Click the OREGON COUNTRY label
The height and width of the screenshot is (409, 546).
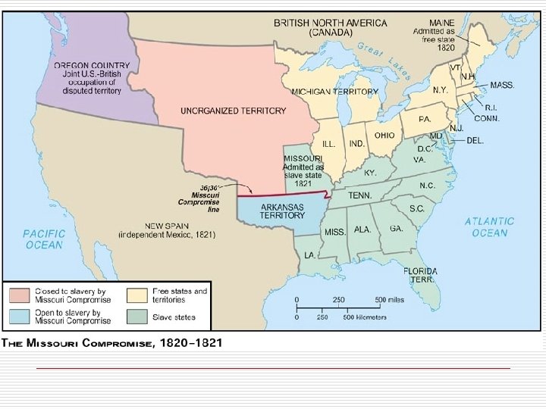tap(91, 66)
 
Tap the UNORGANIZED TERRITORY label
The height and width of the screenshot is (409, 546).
tap(233, 111)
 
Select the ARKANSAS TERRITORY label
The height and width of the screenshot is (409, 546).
tap(282, 211)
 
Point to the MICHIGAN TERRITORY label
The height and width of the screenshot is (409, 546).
tap(334, 91)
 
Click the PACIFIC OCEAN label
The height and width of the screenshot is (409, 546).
tap(45, 239)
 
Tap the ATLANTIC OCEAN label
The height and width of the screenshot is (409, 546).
tap(489, 226)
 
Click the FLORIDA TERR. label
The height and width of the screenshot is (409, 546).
tap(420, 275)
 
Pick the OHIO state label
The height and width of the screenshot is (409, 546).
tap(384, 136)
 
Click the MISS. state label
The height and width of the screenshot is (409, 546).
tap(335, 232)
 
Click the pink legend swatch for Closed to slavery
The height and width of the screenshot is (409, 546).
tap(20, 295)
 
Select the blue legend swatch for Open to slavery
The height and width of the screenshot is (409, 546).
tap(20, 316)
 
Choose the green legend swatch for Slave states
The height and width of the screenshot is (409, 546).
tap(136, 316)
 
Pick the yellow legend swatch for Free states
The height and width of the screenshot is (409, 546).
tap(136, 295)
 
